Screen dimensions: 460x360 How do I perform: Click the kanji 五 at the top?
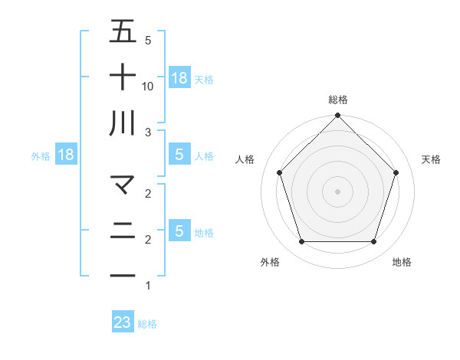[x=123, y=31]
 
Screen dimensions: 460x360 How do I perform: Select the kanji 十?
[x=123, y=77]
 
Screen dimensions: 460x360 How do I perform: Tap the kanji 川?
[x=123, y=123]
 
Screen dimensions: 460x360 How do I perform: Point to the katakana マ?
[x=123, y=185]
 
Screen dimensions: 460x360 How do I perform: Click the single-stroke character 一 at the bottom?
[x=123, y=274]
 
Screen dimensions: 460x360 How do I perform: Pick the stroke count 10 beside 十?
[x=148, y=87]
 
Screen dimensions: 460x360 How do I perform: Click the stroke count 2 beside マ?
[x=148, y=194]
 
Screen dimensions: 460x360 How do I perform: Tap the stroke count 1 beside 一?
[x=148, y=286]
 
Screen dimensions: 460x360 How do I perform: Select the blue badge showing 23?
[x=123, y=322]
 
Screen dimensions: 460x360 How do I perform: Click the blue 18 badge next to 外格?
[x=66, y=155]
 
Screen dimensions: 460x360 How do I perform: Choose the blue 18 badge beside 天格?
[x=179, y=77]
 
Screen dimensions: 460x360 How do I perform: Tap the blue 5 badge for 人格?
[x=179, y=155]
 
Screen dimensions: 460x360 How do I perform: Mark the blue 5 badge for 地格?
[x=179, y=231]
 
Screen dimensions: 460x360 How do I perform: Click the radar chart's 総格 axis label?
[x=338, y=100]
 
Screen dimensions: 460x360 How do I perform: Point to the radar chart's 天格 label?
[x=432, y=159]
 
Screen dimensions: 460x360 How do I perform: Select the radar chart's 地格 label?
[x=402, y=262]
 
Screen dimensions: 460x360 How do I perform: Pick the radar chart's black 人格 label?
[x=245, y=159]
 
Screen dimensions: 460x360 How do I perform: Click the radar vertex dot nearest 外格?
[x=301, y=242]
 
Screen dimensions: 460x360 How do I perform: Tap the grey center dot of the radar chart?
[x=338, y=191]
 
